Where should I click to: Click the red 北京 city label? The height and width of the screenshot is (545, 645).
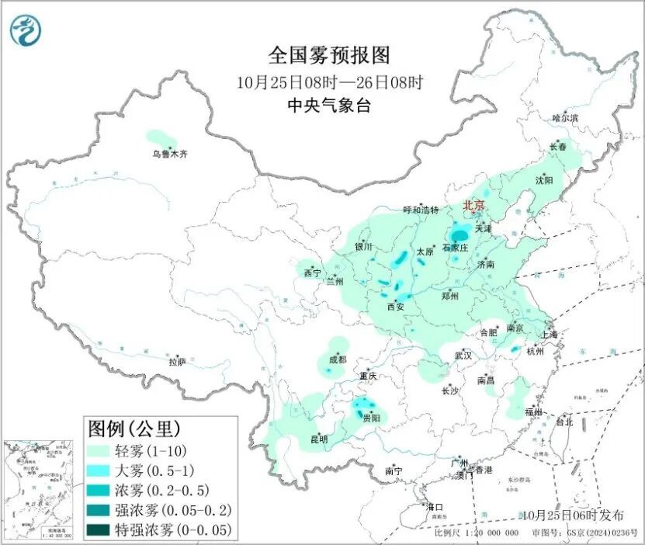point(473,206)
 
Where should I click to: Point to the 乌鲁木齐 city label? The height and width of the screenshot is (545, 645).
point(169,154)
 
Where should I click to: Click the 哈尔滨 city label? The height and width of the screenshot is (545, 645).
point(565,118)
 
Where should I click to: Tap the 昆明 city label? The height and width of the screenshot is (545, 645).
point(319,439)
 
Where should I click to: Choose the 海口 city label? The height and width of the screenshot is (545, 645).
point(435,507)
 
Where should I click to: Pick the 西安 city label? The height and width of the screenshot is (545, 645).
point(395,307)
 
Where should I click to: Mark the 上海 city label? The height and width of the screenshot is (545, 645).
point(550,335)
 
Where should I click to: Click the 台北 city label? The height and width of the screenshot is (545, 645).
point(564,422)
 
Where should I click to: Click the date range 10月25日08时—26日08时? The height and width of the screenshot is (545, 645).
point(329,81)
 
